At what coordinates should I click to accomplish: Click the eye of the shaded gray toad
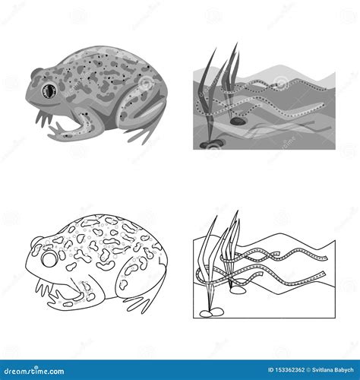pyautogui.click(x=51, y=90)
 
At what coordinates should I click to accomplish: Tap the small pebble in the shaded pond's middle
pyautogui.click(x=239, y=119)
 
